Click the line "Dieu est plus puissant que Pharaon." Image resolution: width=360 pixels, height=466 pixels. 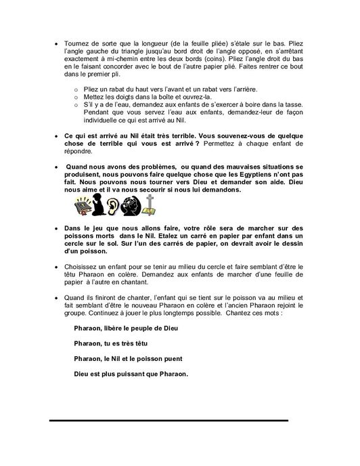[131, 374]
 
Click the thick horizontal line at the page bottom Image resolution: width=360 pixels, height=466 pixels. [169, 420]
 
